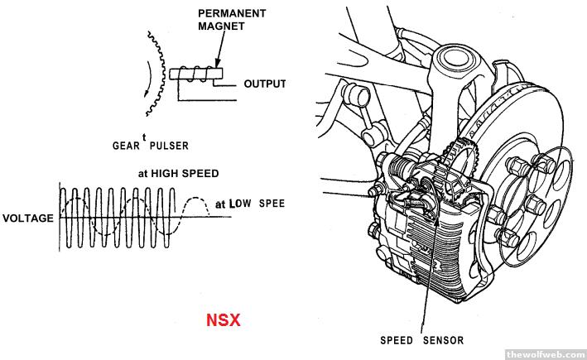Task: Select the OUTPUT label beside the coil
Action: [x=264, y=84]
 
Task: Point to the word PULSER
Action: [x=169, y=146]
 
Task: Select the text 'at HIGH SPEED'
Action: [x=178, y=174]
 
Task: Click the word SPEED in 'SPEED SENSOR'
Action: [x=397, y=340]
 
